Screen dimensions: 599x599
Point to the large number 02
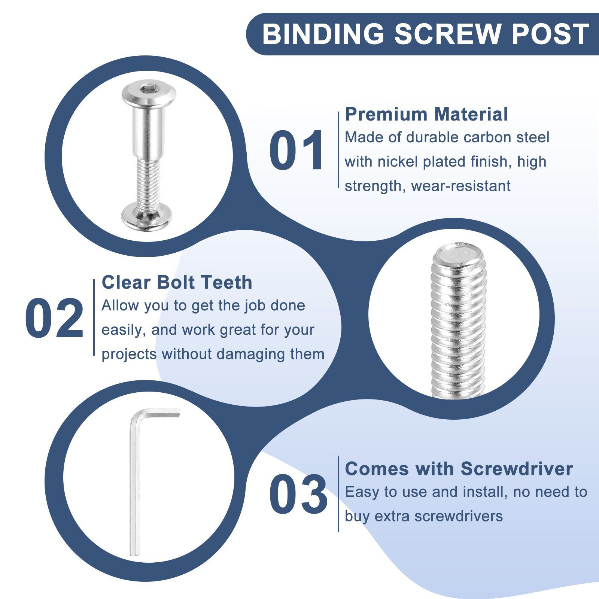tap(54, 319)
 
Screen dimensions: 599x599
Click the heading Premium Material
tap(426, 114)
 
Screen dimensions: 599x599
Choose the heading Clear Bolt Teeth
tap(177, 282)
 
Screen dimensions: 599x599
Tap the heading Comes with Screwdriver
tap(459, 468)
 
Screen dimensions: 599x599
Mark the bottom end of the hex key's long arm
tap(134, 554)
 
